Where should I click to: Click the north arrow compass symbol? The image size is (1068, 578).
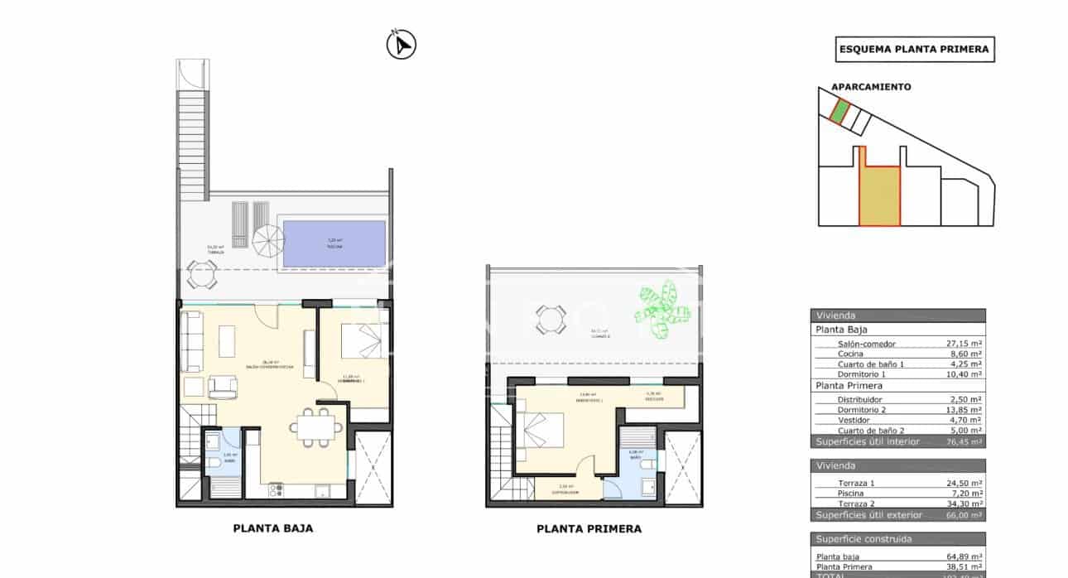click(x=402, y=44)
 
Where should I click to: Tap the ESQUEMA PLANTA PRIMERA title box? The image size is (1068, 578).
click(x=914, y=50)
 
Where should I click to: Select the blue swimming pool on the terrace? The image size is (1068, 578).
click(x=334, y=243)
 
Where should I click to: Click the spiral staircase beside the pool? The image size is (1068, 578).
click(x=267, y=242)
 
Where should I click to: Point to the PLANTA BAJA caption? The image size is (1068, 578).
click(x=273, y=527)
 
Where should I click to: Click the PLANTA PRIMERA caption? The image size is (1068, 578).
click(x=589, y=528)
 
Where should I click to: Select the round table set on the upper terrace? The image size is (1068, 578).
click(x=551, y=319)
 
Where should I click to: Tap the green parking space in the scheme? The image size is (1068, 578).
click(x=839, y=112)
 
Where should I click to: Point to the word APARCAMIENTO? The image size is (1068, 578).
click(x=871, y=87)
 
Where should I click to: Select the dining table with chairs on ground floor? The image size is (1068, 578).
click(x=315, y=426)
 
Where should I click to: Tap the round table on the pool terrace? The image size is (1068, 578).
click(x=201, y=273)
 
